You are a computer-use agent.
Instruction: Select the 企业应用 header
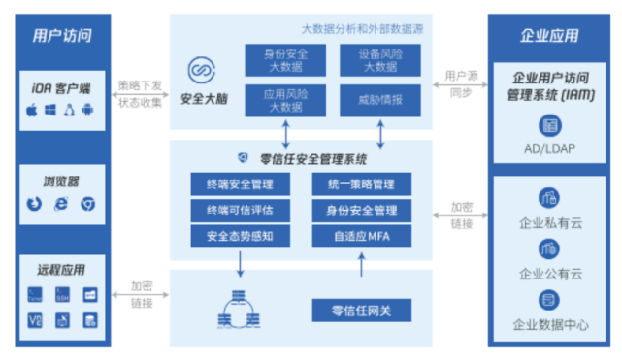point(550,36)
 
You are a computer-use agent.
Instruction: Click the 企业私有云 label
point(549,224)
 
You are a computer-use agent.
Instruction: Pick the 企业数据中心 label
point(550,326)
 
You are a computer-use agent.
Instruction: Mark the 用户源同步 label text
point(458,83)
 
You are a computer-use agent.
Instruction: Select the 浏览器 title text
point(60,180)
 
